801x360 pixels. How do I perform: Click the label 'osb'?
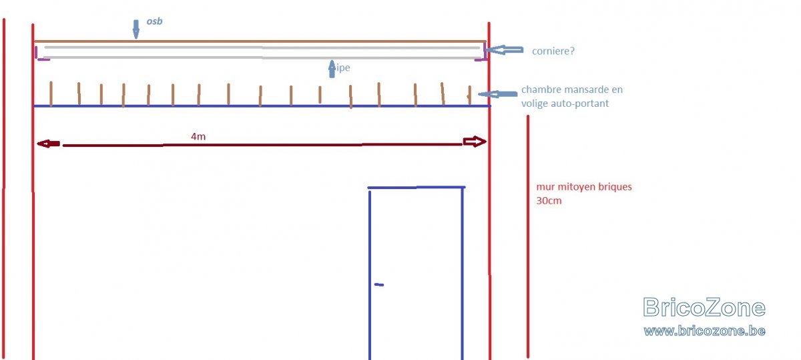coord(154,21)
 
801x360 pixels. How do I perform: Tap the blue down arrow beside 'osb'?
coord(136,29)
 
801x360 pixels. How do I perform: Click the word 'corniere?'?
coord(553,51)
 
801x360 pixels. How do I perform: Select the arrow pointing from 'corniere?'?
coord(504,49)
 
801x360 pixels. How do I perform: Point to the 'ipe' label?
coord(342,67)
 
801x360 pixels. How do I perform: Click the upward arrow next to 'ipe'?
coord(332,69)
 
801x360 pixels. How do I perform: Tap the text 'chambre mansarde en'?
coord(572,89)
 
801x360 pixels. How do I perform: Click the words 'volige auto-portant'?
coord(565,103)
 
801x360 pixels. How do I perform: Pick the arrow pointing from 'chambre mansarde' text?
coord(498,94)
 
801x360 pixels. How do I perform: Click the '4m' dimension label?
coord(198,136)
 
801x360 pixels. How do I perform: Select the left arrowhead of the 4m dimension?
coord(48,144)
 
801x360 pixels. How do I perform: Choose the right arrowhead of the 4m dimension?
coord(475,142)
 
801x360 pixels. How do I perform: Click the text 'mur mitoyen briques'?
coord(584,187)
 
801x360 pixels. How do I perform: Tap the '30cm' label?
coord(549,200)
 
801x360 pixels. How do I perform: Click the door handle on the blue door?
coord(379,285)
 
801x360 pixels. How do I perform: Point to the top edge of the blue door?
coord(417,187)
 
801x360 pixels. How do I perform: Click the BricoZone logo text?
coord(704,307)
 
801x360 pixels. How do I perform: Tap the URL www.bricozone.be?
coord(704,331)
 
